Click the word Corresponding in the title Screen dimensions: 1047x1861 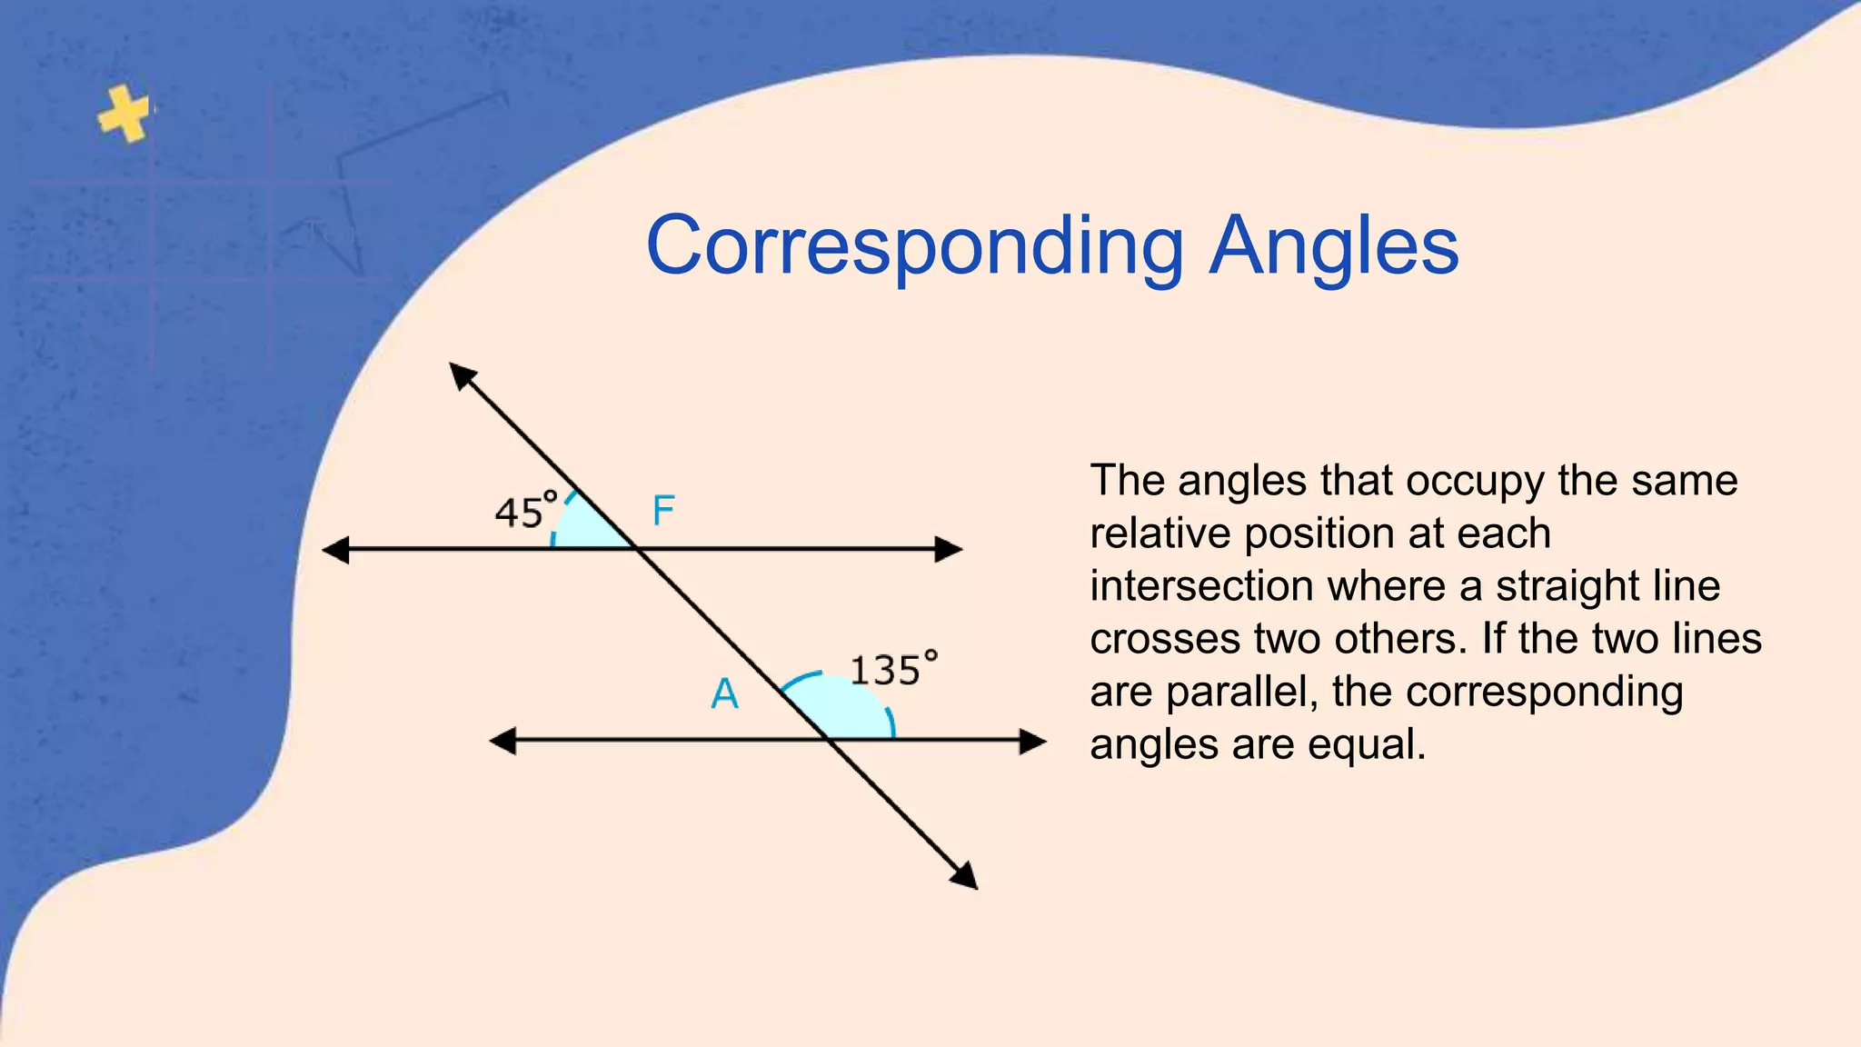(914, 247)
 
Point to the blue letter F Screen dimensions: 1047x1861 (663, 511)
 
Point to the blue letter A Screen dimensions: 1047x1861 (724, 694)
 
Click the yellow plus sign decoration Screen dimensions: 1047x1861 (124, 114)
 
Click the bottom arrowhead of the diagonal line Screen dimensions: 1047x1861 (965, 876)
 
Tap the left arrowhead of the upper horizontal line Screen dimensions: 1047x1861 (336, 549)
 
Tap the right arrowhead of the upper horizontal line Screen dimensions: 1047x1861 (949, 549)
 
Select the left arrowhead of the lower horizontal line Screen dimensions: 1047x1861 (503, 741)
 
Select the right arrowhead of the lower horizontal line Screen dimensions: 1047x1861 (1033, 741)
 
